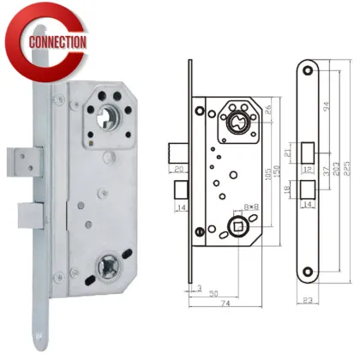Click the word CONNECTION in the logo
pos(57,41)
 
